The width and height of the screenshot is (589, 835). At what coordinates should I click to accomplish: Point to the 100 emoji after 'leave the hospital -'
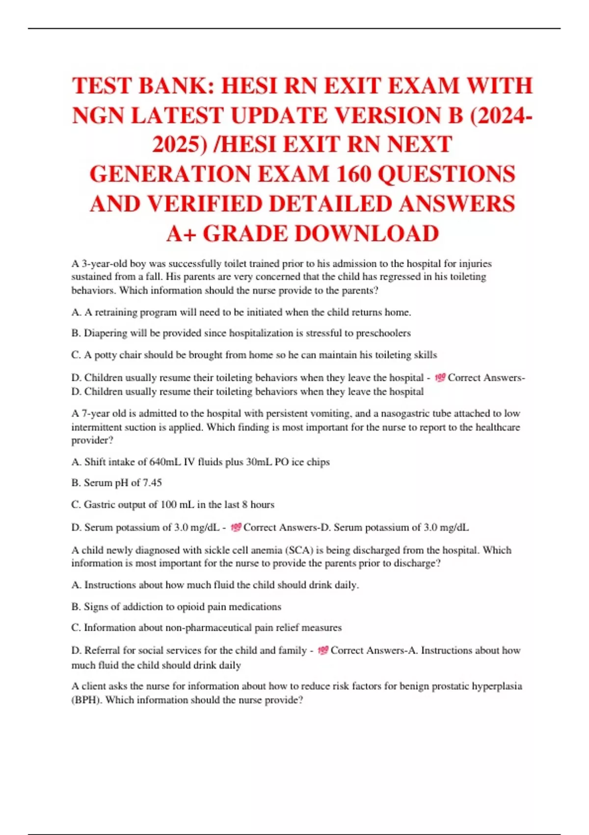[x=440, y=378]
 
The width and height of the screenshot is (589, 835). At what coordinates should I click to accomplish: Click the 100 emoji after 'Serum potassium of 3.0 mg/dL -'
[x=236, y=528]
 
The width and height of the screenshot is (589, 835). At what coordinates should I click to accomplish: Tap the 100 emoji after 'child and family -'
[x=322, y=650]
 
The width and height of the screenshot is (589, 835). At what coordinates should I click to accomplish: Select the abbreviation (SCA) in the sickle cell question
[x=300, y=550]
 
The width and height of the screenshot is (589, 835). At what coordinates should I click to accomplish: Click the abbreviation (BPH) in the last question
[x=87, y=700]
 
